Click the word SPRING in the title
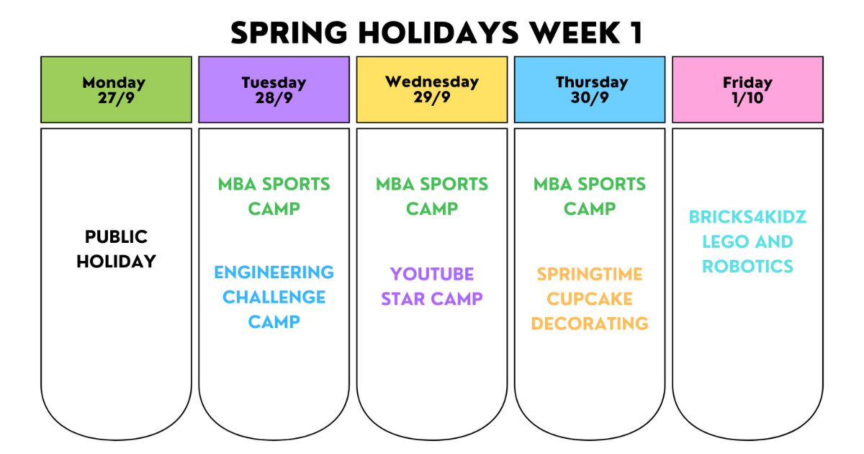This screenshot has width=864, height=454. (289, 33)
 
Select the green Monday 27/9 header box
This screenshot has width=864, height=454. (116, 89)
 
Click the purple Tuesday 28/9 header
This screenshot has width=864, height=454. (274, 89)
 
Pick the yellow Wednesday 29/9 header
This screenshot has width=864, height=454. (432, 89)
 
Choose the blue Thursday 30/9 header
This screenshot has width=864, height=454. (590, 89)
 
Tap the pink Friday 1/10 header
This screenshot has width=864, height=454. (747, 89)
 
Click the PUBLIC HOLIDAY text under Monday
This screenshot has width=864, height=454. (116, 249)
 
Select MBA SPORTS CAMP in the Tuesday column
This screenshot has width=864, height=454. (274, 197)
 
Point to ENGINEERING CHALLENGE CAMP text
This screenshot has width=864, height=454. (274, 297)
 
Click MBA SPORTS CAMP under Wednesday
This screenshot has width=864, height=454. (432, 197)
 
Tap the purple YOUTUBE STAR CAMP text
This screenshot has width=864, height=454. (432, 287)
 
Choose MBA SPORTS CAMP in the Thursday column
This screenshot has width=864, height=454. (590, 197)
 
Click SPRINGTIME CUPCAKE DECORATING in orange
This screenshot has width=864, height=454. (590, 299)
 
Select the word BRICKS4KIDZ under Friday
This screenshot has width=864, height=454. (747, 217)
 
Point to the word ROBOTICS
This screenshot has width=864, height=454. (747, 267)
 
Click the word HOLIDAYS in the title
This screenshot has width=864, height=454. (438, 33)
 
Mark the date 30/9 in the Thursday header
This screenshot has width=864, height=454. (590, 98)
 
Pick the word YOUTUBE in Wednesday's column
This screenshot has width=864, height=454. (432, 275)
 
